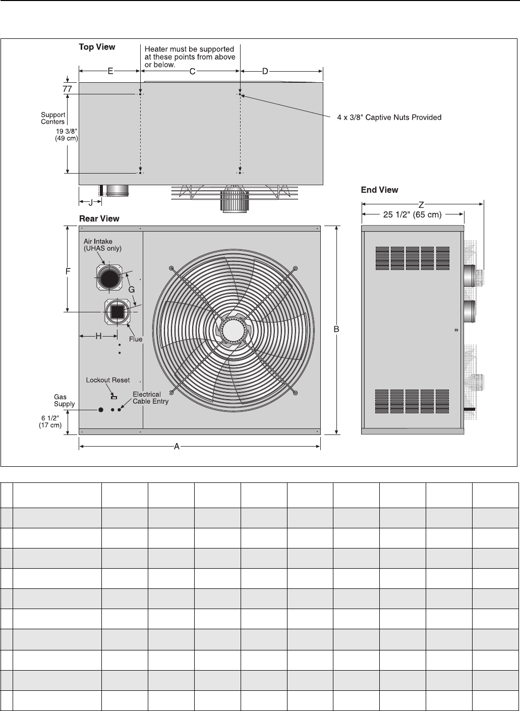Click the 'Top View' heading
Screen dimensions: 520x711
tap(97, 47)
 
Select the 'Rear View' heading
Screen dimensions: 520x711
tap(99, 218)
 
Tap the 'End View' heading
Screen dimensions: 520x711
tap(379, 190)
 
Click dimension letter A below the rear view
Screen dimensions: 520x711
tap(177, 447)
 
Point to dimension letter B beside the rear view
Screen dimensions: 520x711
tap(336, 329)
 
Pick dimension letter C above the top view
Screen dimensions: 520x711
tap(192, 72)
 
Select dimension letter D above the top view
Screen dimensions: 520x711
tap(265, 72)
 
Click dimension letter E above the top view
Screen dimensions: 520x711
tap(110, 71)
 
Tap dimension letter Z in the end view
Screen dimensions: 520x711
tap(421, 205)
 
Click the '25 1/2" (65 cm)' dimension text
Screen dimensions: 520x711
tap(412, 214)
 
